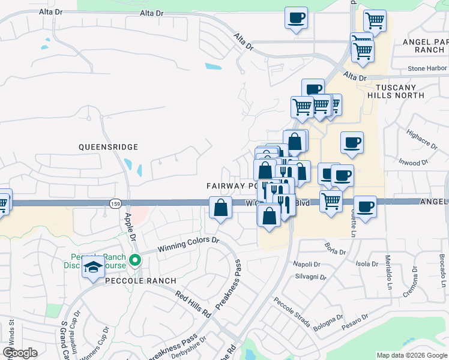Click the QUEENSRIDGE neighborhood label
click(108, 147)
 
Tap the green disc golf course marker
click(136, 260)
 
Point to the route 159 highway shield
click(115, 204)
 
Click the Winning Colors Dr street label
click(188, 244)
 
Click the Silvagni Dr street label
click(310, 277)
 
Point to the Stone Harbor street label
click(428, 68)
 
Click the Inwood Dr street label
click(412, 162)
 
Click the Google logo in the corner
click(20, 352)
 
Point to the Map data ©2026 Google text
click(412, 355)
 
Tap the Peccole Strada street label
click(292, 312)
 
